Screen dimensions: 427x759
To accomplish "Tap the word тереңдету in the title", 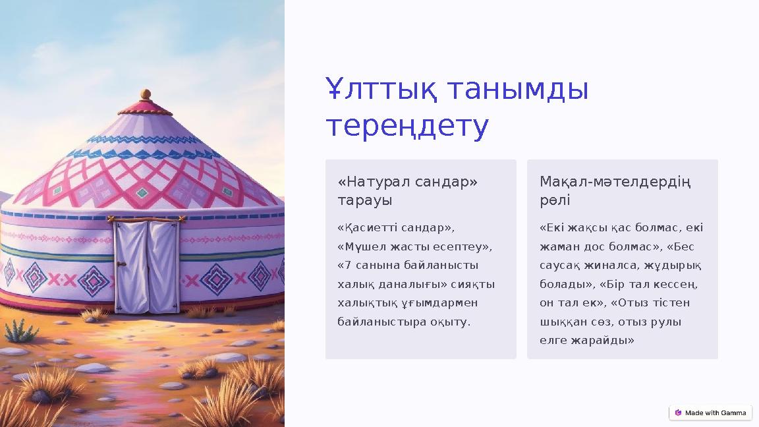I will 408,126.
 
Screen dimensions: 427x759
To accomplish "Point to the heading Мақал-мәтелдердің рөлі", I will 615,190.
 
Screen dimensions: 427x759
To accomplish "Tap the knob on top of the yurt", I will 146,94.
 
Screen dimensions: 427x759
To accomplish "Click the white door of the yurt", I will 146,267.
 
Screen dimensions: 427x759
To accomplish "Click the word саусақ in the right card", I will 559,266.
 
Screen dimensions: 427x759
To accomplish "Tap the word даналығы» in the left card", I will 410,284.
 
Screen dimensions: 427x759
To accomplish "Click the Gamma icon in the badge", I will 678,413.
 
